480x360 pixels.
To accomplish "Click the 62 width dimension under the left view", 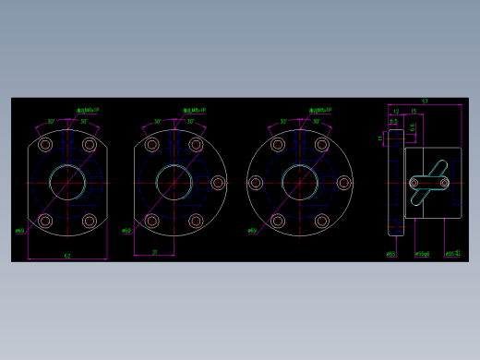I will point(66,255).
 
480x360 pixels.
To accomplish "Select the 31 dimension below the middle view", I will point(154,250).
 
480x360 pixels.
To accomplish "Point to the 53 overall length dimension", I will point(425,101).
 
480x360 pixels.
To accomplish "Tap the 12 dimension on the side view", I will point(396,111).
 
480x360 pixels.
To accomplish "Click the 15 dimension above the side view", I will point(413,111).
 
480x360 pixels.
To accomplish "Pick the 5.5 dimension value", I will point(394,121).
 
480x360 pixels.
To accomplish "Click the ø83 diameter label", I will point(390,253).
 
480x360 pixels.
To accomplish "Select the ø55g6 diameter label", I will point(422,253).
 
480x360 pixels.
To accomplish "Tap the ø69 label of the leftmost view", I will point(20,231).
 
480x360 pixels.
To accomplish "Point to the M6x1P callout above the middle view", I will point(195,111).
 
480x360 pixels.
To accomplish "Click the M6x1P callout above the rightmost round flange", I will point(321,110).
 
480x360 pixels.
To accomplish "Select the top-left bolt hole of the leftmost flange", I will point(45,144).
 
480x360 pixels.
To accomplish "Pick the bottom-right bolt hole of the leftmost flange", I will point(90,222).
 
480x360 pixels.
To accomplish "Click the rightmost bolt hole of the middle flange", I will point(219,183).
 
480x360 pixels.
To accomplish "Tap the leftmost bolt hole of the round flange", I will point(254,183).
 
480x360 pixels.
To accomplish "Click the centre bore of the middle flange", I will point(172,182).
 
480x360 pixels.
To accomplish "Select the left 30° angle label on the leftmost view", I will point(52,121).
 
